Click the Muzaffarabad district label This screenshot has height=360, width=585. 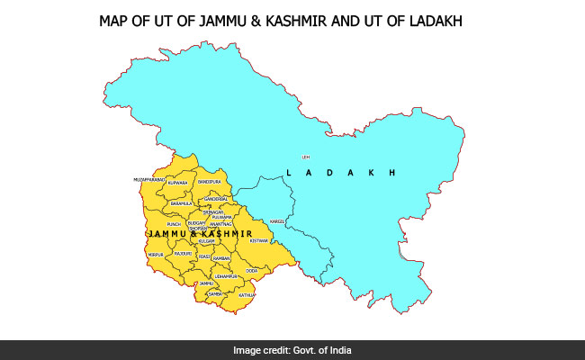[148, 180]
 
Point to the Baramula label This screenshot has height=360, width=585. [182, 203]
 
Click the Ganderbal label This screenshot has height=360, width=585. [216, 198]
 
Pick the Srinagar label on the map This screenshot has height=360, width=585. [212, 211]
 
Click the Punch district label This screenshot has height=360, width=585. [175, 224]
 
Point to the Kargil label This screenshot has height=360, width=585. [277, 220]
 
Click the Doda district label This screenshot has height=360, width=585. [251, 270]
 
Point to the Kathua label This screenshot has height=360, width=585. [247, 294]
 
